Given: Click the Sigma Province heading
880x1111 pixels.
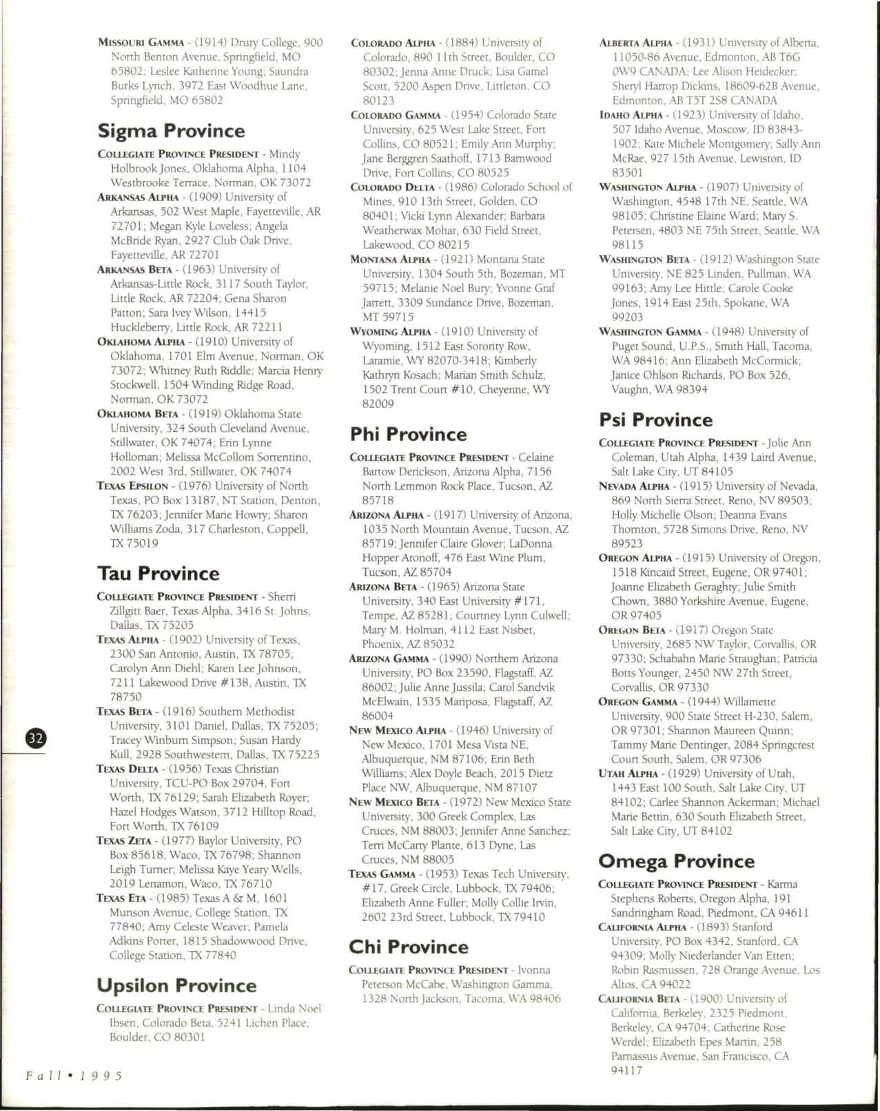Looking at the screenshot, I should [171, 131].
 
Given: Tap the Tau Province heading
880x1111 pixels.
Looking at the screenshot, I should [158, 574].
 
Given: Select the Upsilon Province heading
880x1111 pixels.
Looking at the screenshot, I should [176, 986].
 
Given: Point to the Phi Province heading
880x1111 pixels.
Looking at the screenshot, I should [408, 435].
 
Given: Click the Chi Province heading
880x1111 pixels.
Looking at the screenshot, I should [409, 947].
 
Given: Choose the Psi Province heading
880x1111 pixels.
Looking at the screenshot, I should [656, 420].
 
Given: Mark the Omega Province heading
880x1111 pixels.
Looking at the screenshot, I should [677, 862].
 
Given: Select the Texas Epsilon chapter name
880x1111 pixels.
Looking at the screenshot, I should [132, 486].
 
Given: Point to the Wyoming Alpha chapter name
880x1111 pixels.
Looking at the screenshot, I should [391, 332].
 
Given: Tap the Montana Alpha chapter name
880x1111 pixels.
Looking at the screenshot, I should [391, 260].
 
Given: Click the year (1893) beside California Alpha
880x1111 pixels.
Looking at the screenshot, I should [713, 927].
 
